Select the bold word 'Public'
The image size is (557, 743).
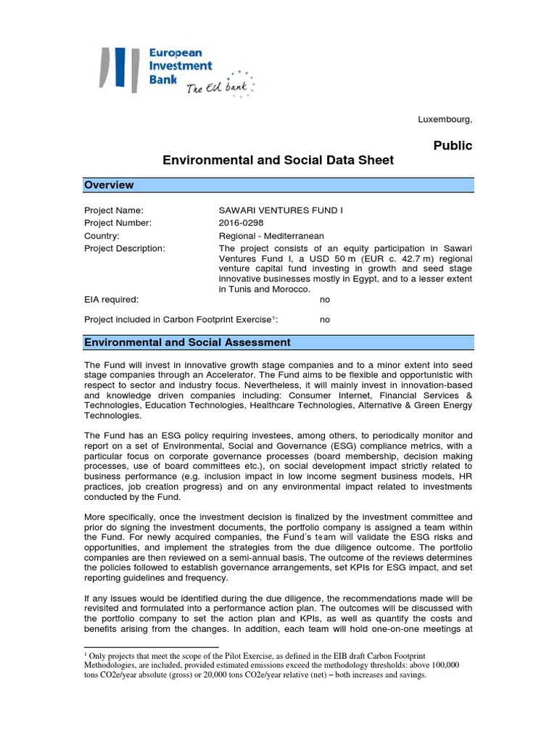[x=453, y=146]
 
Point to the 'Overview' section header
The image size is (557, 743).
[x=109, y=185]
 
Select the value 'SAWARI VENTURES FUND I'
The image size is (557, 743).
[x=280, y=210]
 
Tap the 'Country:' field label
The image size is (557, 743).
[x=102, y=236]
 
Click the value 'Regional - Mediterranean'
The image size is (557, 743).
[x=271, y=236]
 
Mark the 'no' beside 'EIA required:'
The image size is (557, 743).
[x=325, y=299]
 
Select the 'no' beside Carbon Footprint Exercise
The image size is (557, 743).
[x=325, y=319]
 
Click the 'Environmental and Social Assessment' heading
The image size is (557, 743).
[x=188, y=342]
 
